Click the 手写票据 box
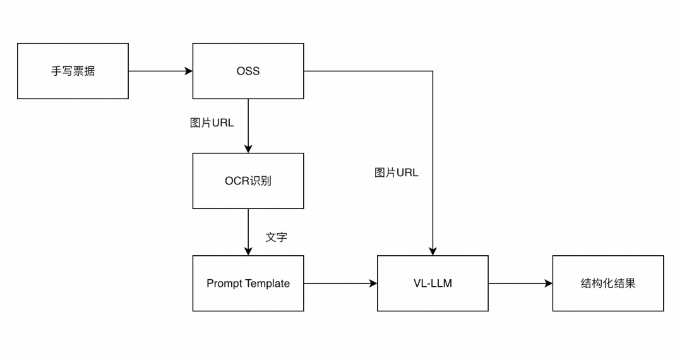pyautogui.click(x=73, y=71)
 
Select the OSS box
pyautogui.click(x=248, y=71)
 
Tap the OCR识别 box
pyautogui.click(x=248, y=181)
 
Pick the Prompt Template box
pyautogui.click(x=248, y=283)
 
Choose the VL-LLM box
pyautogui.click(x=433, y=283)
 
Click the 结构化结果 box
pyautogui.click(x=607, y=283)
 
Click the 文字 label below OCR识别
pyautogui.click(x=276, y=237)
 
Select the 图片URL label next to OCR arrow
pyautogui.click(x=212, y=123)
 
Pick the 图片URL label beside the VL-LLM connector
pyautogui.click(x=396, y=172)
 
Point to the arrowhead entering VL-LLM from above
pyautogui.click(x=433, y=251)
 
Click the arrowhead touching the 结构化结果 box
pyautogui.click(x=549, y=284)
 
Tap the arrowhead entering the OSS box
pyautogui.click(x=189, y=71)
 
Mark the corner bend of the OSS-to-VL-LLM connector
pyautogui.click(x=433, y=71)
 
